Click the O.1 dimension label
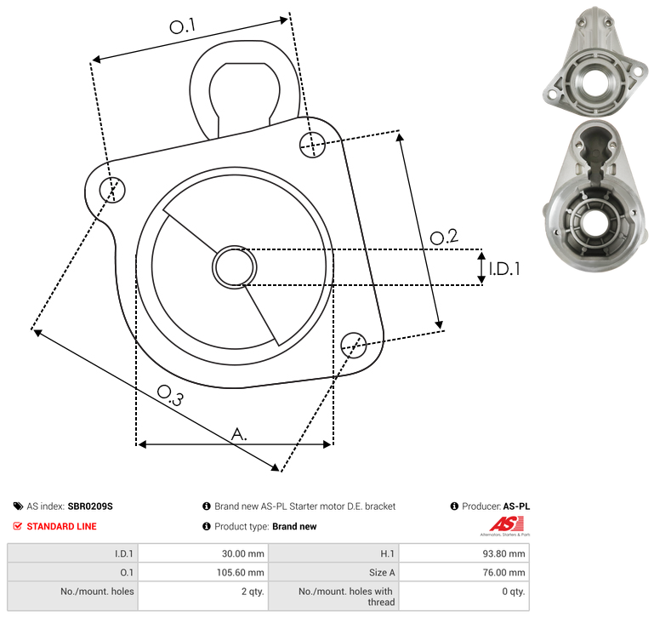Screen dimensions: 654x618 point(182,26)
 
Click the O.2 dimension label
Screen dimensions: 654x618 point(444,237)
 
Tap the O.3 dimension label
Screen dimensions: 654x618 point(170,396)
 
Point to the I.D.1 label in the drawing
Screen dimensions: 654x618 point(504,269)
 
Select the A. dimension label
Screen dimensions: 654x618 point(239,434)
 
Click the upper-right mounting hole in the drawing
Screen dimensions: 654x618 point(312,145)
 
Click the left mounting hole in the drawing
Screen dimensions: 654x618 point(112,190)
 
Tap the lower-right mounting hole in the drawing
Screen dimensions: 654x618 point(354,345)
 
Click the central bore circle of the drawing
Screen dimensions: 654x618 point(235,267)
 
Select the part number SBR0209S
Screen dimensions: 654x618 point(90,506)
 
